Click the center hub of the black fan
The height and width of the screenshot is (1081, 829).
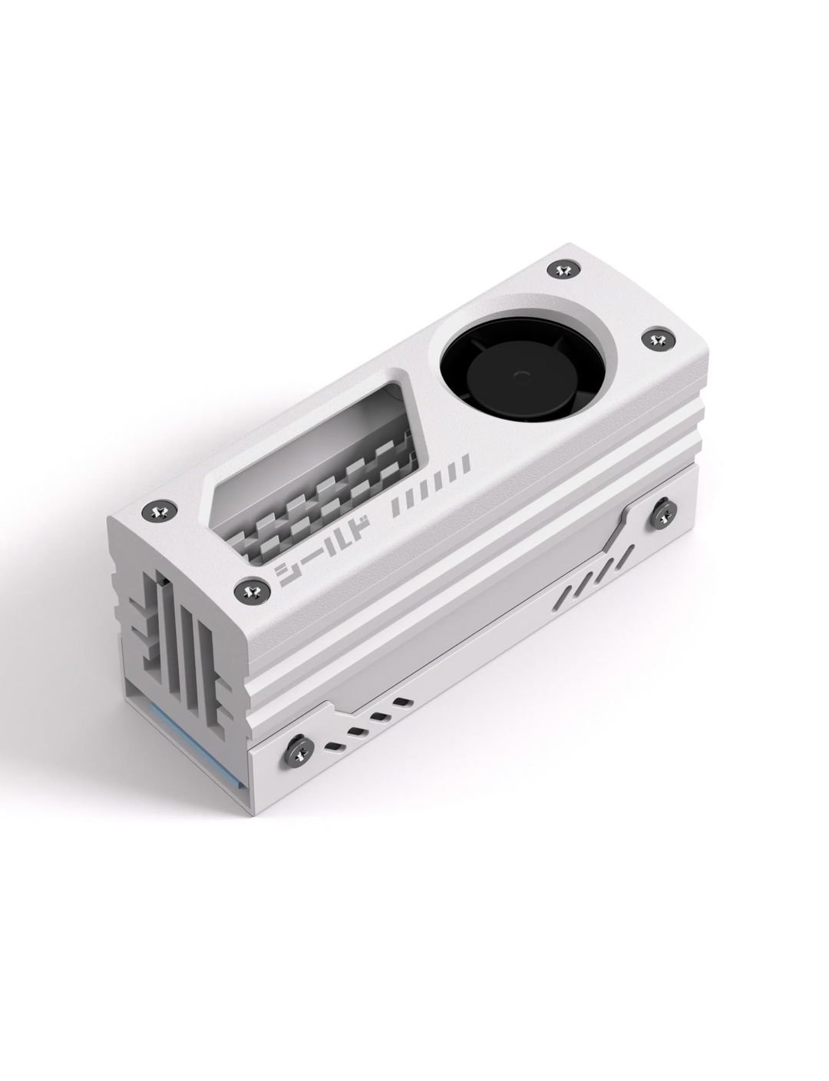(522, 375)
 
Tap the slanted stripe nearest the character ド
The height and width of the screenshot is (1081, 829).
(397, 509)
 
